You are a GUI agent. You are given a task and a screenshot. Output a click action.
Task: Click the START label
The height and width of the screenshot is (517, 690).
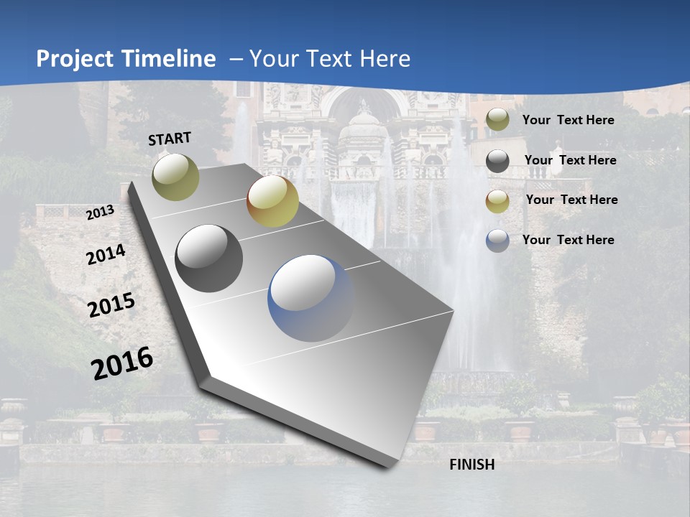tap(170, 139)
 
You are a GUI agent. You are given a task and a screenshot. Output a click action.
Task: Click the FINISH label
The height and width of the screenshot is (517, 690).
tap(471, 465)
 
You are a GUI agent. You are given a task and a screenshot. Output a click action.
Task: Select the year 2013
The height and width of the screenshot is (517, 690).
tap(101, 213)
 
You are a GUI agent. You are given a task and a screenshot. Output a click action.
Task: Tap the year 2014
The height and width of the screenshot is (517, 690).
tap(106, 255)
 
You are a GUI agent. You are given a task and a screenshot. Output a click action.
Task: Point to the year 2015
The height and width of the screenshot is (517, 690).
tap(111, 306)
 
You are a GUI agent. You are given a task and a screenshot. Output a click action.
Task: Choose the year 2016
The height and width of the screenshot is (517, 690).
tap(122, 363)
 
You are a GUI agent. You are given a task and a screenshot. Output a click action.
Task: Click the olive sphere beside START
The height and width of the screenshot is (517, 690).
tap(176, 177)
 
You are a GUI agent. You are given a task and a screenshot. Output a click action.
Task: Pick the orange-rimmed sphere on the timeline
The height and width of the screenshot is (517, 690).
tap(272, 201)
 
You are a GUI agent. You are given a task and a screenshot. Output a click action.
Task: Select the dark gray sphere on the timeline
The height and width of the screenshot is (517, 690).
tap(209, 258)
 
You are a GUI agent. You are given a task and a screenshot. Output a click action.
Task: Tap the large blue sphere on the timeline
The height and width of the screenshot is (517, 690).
tap(310, 298)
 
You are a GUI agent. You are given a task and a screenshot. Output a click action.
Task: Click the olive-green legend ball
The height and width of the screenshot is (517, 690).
tap(497, 120)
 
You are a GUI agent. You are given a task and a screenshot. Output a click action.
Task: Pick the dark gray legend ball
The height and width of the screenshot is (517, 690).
tap(497, 161)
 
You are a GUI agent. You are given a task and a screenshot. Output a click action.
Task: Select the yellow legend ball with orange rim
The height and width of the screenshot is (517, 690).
tap(497, 201)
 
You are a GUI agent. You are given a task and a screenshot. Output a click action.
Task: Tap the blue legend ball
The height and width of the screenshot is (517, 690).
tap(497, 241)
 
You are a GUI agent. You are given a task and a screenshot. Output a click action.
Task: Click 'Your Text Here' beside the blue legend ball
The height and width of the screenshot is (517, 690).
tap(568, 240)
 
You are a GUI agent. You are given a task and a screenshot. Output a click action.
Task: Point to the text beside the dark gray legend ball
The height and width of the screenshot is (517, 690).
tap(570, 160)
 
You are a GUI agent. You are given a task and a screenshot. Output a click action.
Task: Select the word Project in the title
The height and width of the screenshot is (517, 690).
tap(75, 59)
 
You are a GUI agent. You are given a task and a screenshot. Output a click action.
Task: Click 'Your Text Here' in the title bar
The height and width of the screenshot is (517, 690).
tap(329, 59)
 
